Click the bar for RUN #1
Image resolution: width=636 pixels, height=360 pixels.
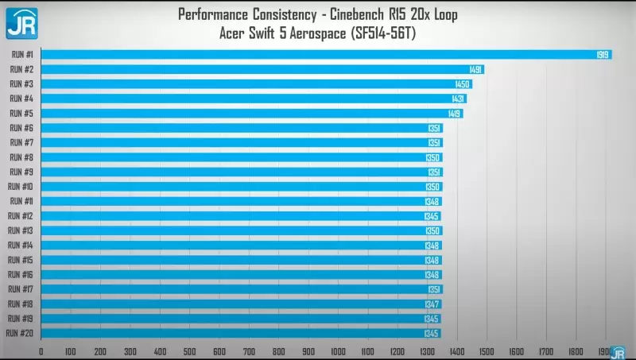click(x=318, y=54)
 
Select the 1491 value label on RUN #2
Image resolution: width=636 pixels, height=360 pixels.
click(x=475, y=69)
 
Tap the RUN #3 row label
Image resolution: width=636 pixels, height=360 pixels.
click(x=21, y=83)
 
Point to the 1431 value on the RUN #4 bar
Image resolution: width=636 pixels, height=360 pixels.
click(x=458, y=99)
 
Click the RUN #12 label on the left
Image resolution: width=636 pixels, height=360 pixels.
click(x=21, y=215)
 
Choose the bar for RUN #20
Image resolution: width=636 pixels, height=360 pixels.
click(x=231, y=333)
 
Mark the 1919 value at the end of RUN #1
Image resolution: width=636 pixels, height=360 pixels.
click(x=603, y=54)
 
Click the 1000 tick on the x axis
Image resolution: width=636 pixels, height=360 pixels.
click(x=339, y=351)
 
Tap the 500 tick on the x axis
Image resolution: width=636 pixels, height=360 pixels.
click(x=189, y=351)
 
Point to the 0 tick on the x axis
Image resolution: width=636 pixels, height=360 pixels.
click(x=41, y=351)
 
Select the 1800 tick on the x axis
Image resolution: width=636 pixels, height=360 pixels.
click(x=576, y=351)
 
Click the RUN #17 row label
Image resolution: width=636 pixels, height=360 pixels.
click(x=21, y=289)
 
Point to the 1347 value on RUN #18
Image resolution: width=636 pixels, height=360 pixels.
click(x=432, y=304)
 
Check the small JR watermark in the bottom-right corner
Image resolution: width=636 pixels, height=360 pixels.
click(x=617, y=352)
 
